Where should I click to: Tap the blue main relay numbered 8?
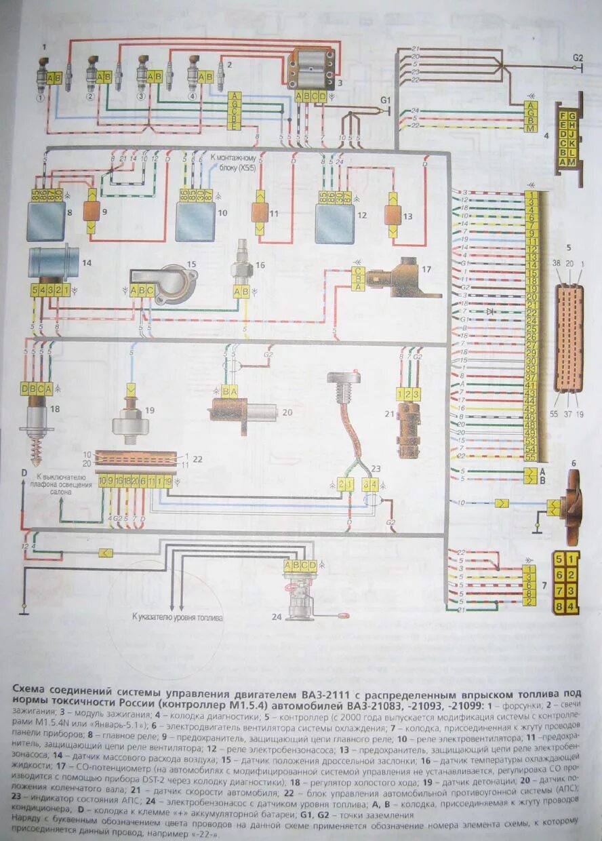[46, 221]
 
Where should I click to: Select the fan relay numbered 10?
[195, 221]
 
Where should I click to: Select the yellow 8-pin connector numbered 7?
[566, 583]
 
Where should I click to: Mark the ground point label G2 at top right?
[577, 58]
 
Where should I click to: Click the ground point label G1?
[386, 100]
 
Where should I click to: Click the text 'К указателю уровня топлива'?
[177, 619]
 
